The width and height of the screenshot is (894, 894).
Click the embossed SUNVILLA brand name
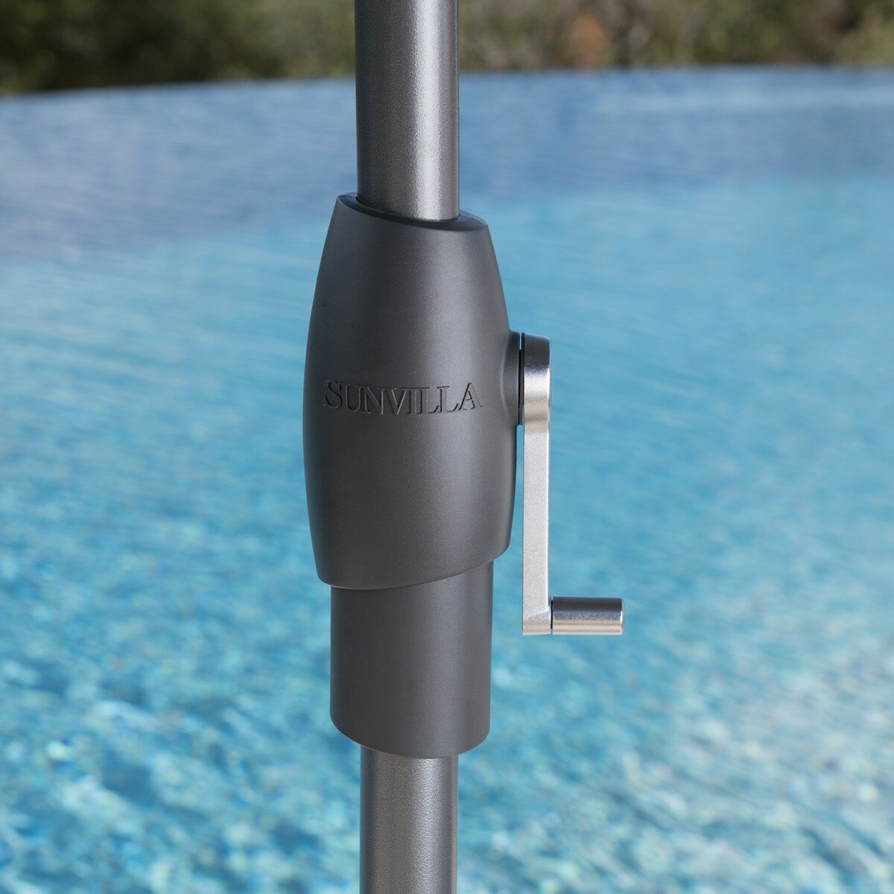403,396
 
